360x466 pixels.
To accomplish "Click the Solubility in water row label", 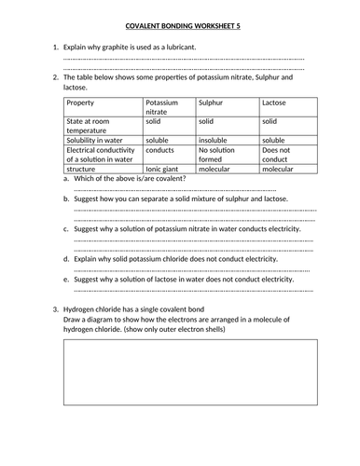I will pyautogui.click(x=99, y=139).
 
